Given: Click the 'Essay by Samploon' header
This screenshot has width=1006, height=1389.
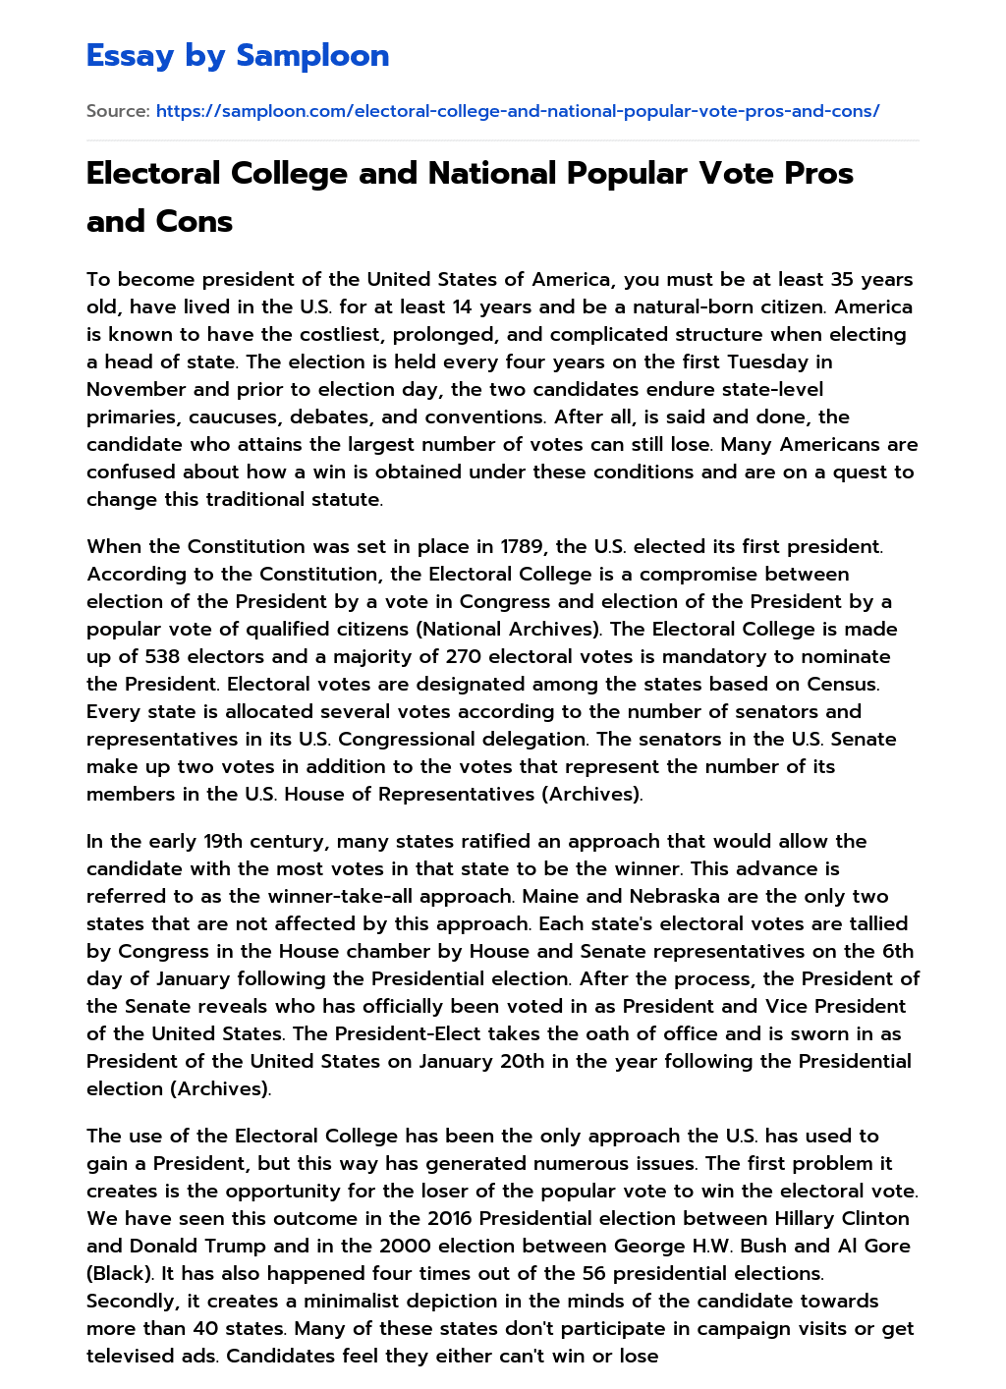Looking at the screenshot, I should pos(238,56).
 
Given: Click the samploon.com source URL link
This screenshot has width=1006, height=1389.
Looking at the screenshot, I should pos(518,111).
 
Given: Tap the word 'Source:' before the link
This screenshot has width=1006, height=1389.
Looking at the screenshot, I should pos(118,111).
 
